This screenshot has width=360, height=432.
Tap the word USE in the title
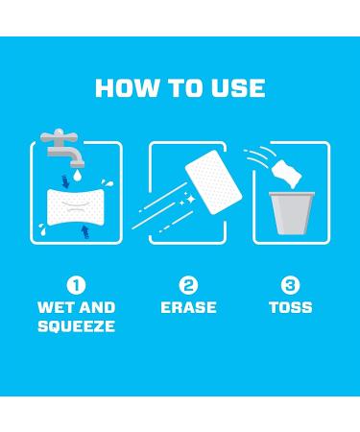[x=236, y=88]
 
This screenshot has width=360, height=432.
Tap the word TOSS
[x=290, y=308]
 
